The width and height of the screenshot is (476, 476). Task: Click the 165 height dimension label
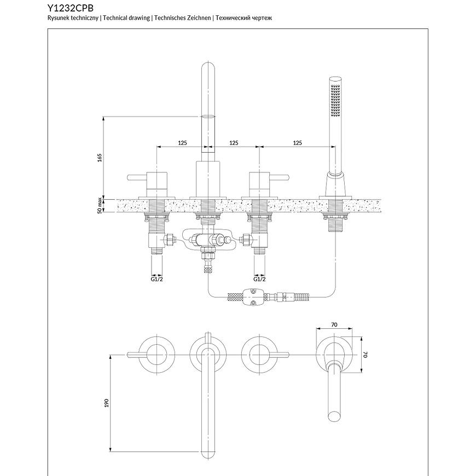click(100, 158)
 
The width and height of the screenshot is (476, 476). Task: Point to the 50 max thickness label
click(100, 206)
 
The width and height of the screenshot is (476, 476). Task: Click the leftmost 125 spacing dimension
click(182, 143)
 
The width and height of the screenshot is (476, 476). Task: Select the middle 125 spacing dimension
click(234, 143)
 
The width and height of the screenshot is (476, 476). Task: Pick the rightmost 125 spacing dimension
click(297, 143)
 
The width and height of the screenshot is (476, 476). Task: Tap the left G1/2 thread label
click(158, 278)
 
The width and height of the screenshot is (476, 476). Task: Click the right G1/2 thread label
click(260, 278)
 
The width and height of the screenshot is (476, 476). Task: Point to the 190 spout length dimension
click(107, 402)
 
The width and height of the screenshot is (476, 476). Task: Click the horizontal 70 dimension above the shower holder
click(334, 325)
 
